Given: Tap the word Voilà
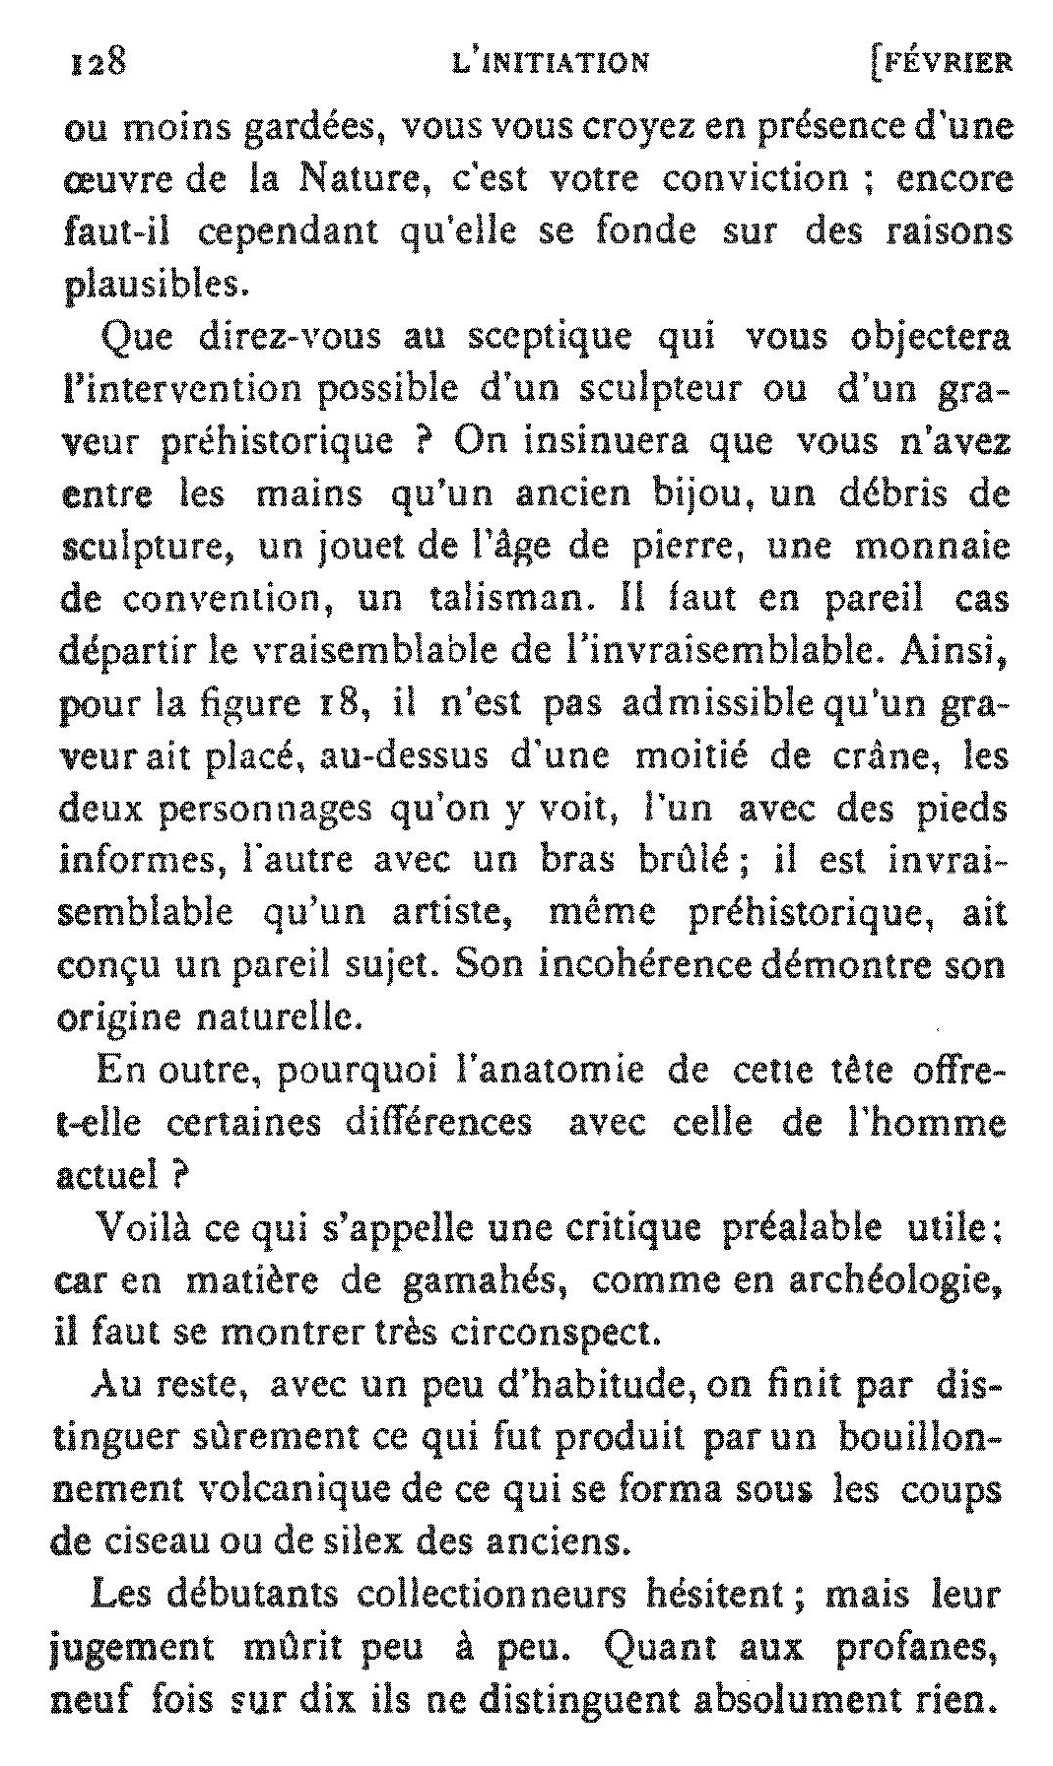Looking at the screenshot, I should tap(142, 1228).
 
